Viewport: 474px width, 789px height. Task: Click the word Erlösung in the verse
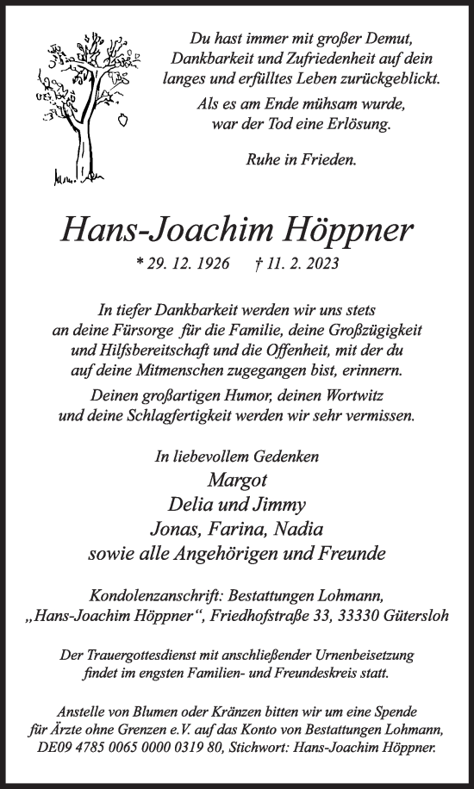(354, 124)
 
